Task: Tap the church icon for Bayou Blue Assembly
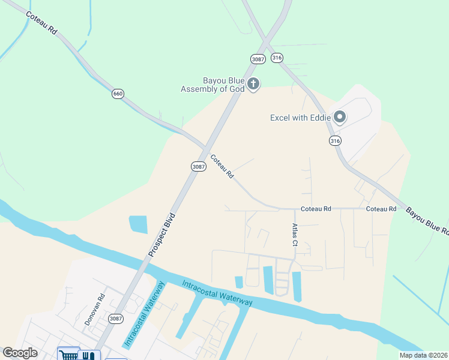click(253, 84)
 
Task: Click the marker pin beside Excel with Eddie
click(340, 117)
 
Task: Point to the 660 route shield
click(118, 94)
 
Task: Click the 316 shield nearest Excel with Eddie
click(334, 140)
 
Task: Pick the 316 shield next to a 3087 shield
click(277, 58)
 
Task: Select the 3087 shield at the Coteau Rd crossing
click(199, 166)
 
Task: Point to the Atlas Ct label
click(294, 235)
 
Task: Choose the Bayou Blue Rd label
click(427, 221)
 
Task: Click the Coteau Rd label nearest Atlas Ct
click(316, 209)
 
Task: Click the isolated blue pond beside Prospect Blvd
click(138, 224)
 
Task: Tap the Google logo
click(19, 353)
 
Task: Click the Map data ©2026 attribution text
click(423, 355)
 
